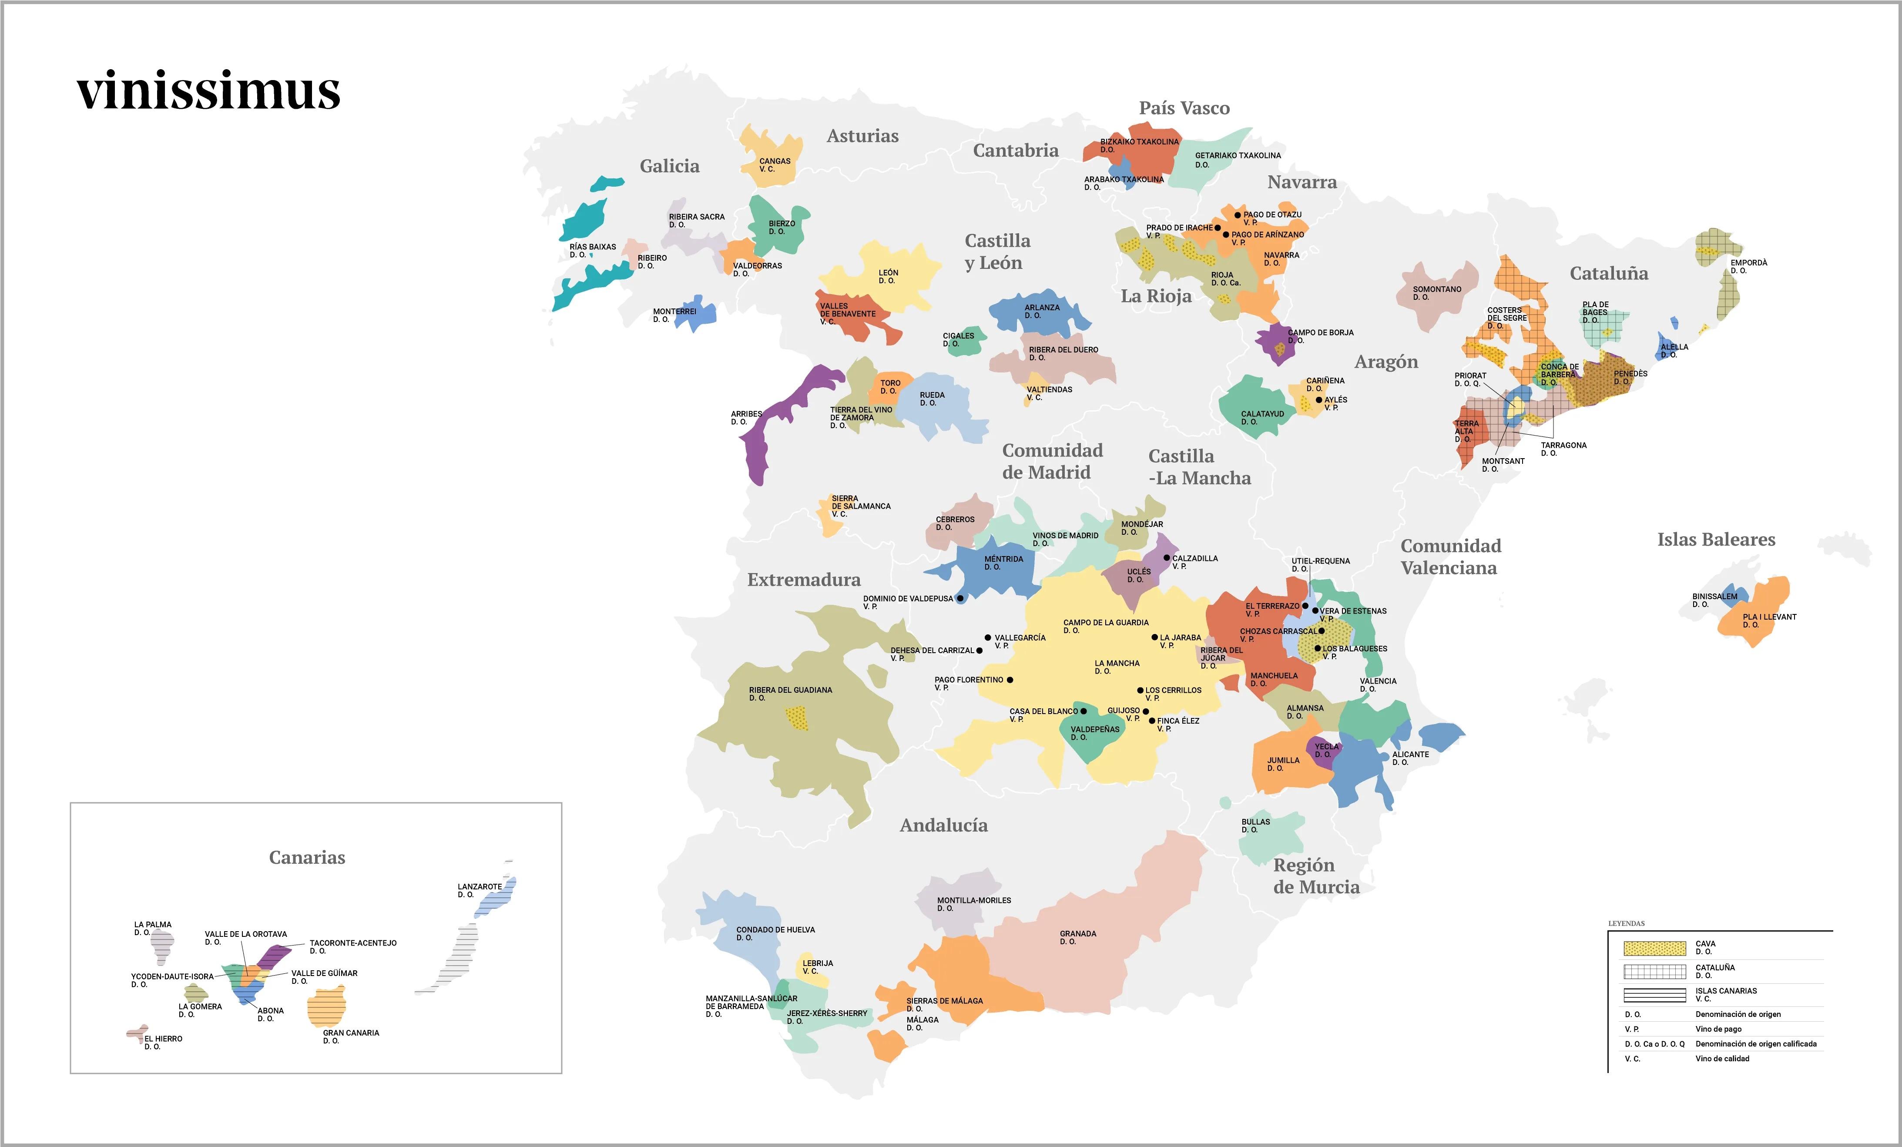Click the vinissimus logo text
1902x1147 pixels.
point(208,91)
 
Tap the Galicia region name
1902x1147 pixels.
point(669,166)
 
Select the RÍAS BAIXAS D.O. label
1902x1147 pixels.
point(592,250)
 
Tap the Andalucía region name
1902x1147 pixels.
point(943,825)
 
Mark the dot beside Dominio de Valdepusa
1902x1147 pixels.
point(960,598)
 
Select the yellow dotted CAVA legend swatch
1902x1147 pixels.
point(1654,948)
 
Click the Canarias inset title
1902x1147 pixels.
point(306,858)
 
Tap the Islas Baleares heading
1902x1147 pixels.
point(1716,540)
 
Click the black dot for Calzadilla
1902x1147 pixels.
point(1166,557)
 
